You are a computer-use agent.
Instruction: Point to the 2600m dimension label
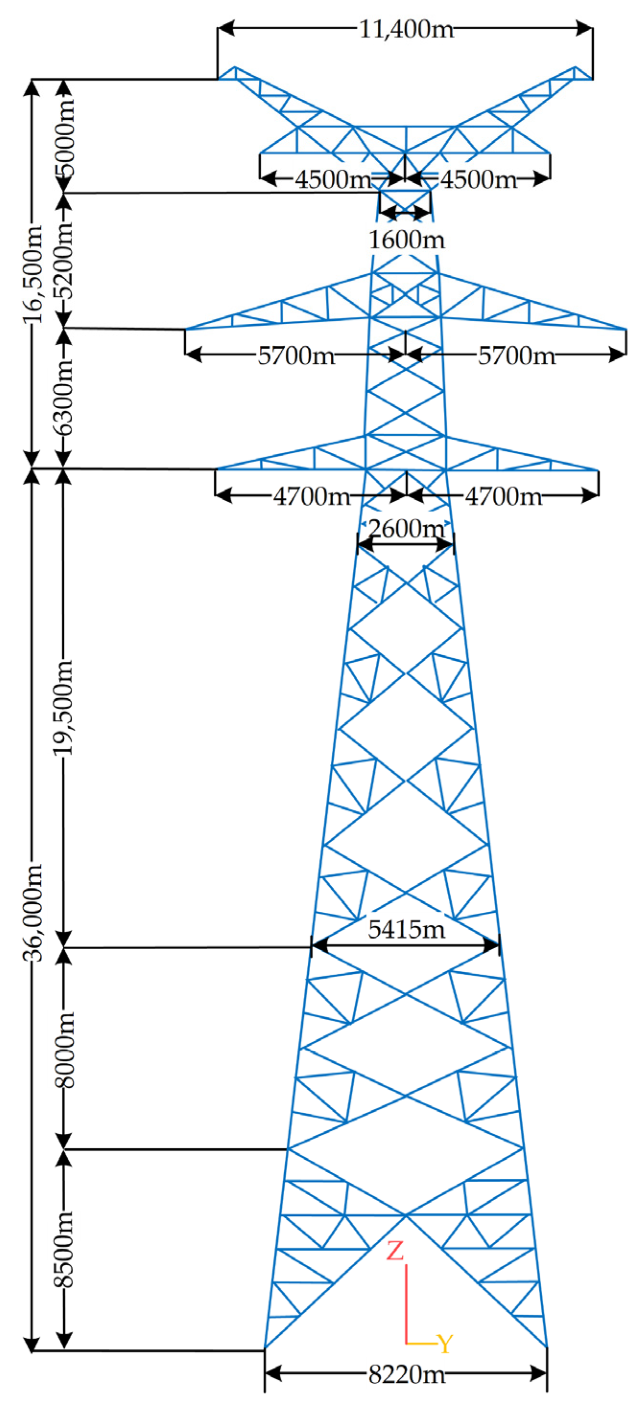click(x=406, y=529)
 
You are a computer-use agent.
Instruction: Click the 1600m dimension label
click(x=406, y=240)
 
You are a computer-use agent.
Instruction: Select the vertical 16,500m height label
click(x=34, y=274)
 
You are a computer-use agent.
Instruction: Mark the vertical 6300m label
click(x=64, y=399)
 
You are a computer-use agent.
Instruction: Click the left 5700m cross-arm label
click(x=296, y=356)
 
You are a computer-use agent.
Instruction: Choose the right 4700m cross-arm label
click(x=503, y=496)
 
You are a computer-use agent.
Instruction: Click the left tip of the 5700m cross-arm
click(x=186, y=329)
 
